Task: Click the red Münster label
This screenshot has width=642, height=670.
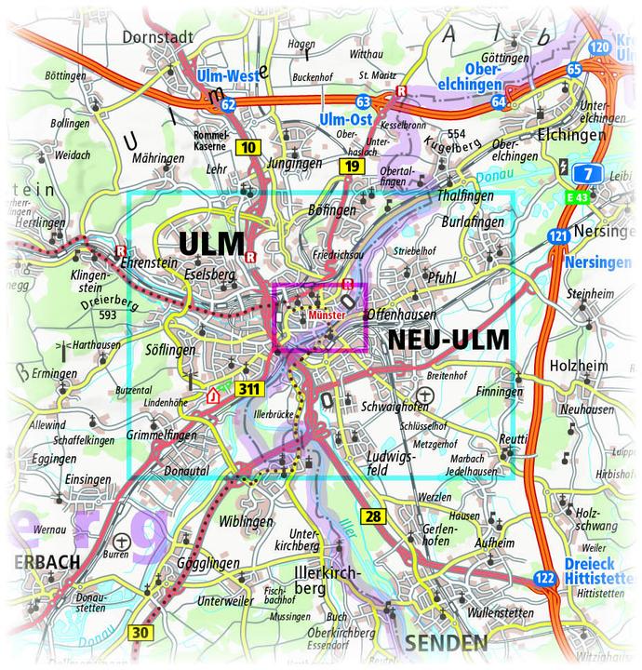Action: pyautogui.click(x=327, y=316)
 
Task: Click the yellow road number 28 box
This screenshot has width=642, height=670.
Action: pyautogui.click(x=373, y=516)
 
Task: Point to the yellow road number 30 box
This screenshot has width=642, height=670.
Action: pyautogui.click(x=139, y=634)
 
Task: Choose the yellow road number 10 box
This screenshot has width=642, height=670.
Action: pyautogui.click(x=247, y=147)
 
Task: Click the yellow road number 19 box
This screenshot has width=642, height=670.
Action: pyautogui.click(x=350, y=167)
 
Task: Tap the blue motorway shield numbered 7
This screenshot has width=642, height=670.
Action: pyautogui.click(x=586, y=174)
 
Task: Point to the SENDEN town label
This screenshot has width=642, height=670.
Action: pyautogui.click(x=446, y=643)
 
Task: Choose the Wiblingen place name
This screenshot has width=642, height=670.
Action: pyautogui.click(x=247, y=521)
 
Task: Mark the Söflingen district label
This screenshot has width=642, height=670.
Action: pyautogui.click(x=171, y=350)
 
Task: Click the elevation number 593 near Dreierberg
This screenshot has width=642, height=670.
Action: pyautogui.click(x=108, y=315)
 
